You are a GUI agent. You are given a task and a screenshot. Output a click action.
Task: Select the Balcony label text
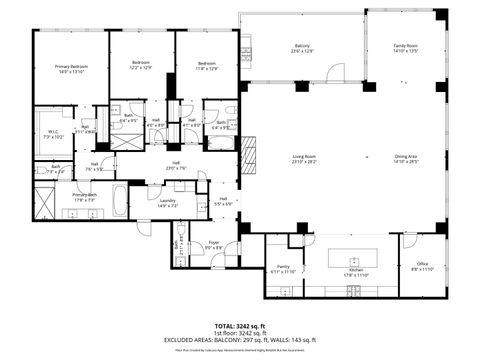[x=302, y=48]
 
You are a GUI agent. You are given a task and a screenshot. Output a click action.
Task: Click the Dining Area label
[x=405, y=160]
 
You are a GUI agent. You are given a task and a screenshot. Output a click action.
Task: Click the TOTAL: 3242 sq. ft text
[x=239, y=326]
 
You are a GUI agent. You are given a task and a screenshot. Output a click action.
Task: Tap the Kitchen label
[x=357, y=271]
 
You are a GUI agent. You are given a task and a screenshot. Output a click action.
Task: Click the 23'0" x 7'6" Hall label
[x=175, y=166]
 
